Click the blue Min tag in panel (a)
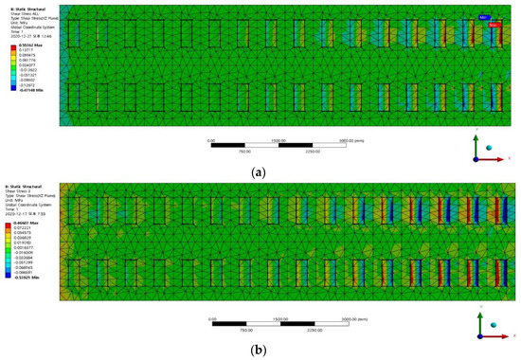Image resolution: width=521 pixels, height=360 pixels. (485, 18)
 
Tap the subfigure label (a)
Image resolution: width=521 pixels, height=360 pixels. (260, 172)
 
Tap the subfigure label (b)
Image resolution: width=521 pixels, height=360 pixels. (260, 350)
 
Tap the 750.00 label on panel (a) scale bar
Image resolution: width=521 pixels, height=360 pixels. (244, 151)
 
